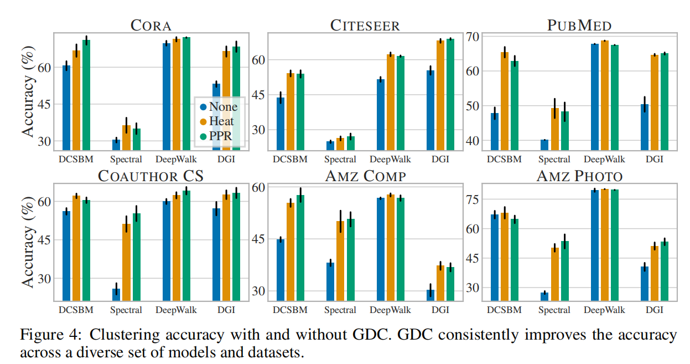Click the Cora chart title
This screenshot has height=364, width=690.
pyautogui.click(x=151, y=25)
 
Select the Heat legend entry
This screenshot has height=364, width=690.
pyautogui.click(x=221, y=121)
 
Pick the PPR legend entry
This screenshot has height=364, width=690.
pyautogui.click(x=221, y=136)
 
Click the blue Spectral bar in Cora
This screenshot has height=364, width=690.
pyautogui.click(x=116, y=144)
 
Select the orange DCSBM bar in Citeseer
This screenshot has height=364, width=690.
pyautogui.click(x=290, y=111)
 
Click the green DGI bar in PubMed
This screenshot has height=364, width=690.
pyautogui.click(x=665, y=101)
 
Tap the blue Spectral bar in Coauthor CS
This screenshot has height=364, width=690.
pyautogui.click(x=116, y=294)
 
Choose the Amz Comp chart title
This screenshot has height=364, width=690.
pyautogui.click(x=365, y=177)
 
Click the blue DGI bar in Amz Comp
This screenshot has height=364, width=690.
pyautogui.click(x=430, y=295)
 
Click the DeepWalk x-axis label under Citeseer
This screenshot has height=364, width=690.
pyautogui.click(x=390, y=159)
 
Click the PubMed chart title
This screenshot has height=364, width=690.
pyautogui.click(x=579, y=25)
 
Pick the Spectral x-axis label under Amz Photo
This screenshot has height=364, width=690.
pyautogui.click(x=555, y=310)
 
